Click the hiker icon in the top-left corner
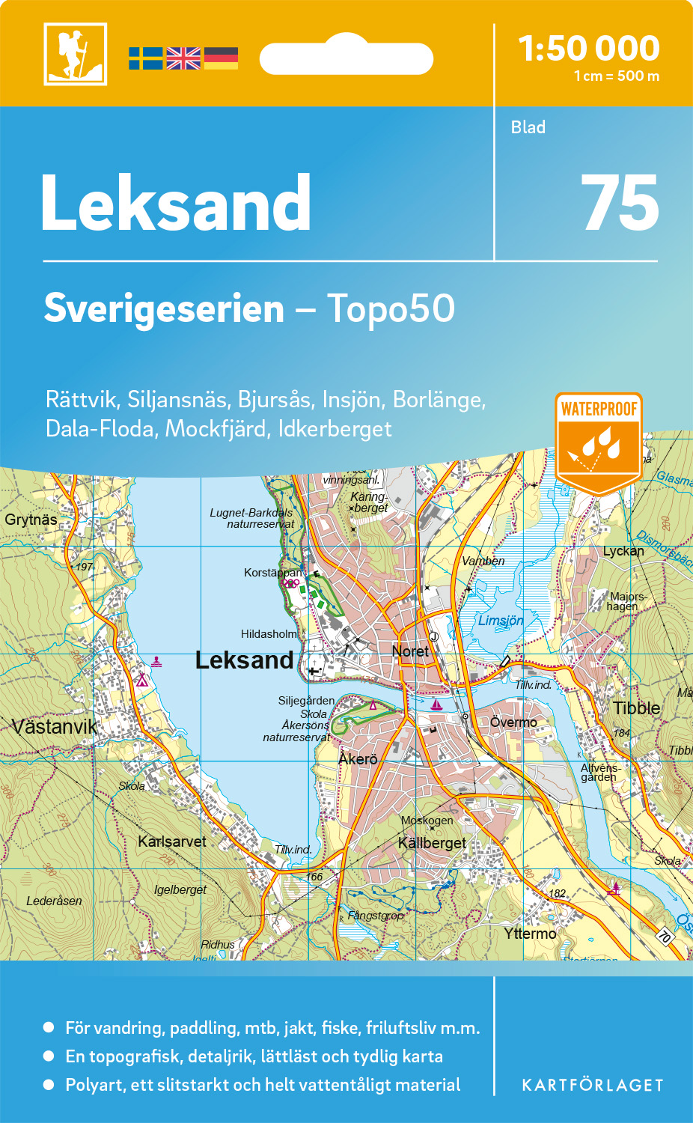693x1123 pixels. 75,54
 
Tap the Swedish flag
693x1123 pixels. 146,58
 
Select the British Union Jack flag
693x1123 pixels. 183,58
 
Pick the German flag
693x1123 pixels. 221,58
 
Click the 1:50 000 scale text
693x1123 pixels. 589,49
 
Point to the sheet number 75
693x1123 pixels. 620,204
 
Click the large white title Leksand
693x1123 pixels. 176,204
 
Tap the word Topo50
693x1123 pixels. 391,308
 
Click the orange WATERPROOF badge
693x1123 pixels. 599,442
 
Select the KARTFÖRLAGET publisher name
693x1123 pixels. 592,1086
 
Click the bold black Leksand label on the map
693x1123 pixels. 244,660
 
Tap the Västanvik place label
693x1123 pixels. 55,726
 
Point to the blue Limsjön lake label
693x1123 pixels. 501,621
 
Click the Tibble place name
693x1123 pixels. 636,708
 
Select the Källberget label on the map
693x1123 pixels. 432,843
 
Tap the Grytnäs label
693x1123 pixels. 31,520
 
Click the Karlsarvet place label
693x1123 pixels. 171,842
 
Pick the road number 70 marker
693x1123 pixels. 664,936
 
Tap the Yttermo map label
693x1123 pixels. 530,934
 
